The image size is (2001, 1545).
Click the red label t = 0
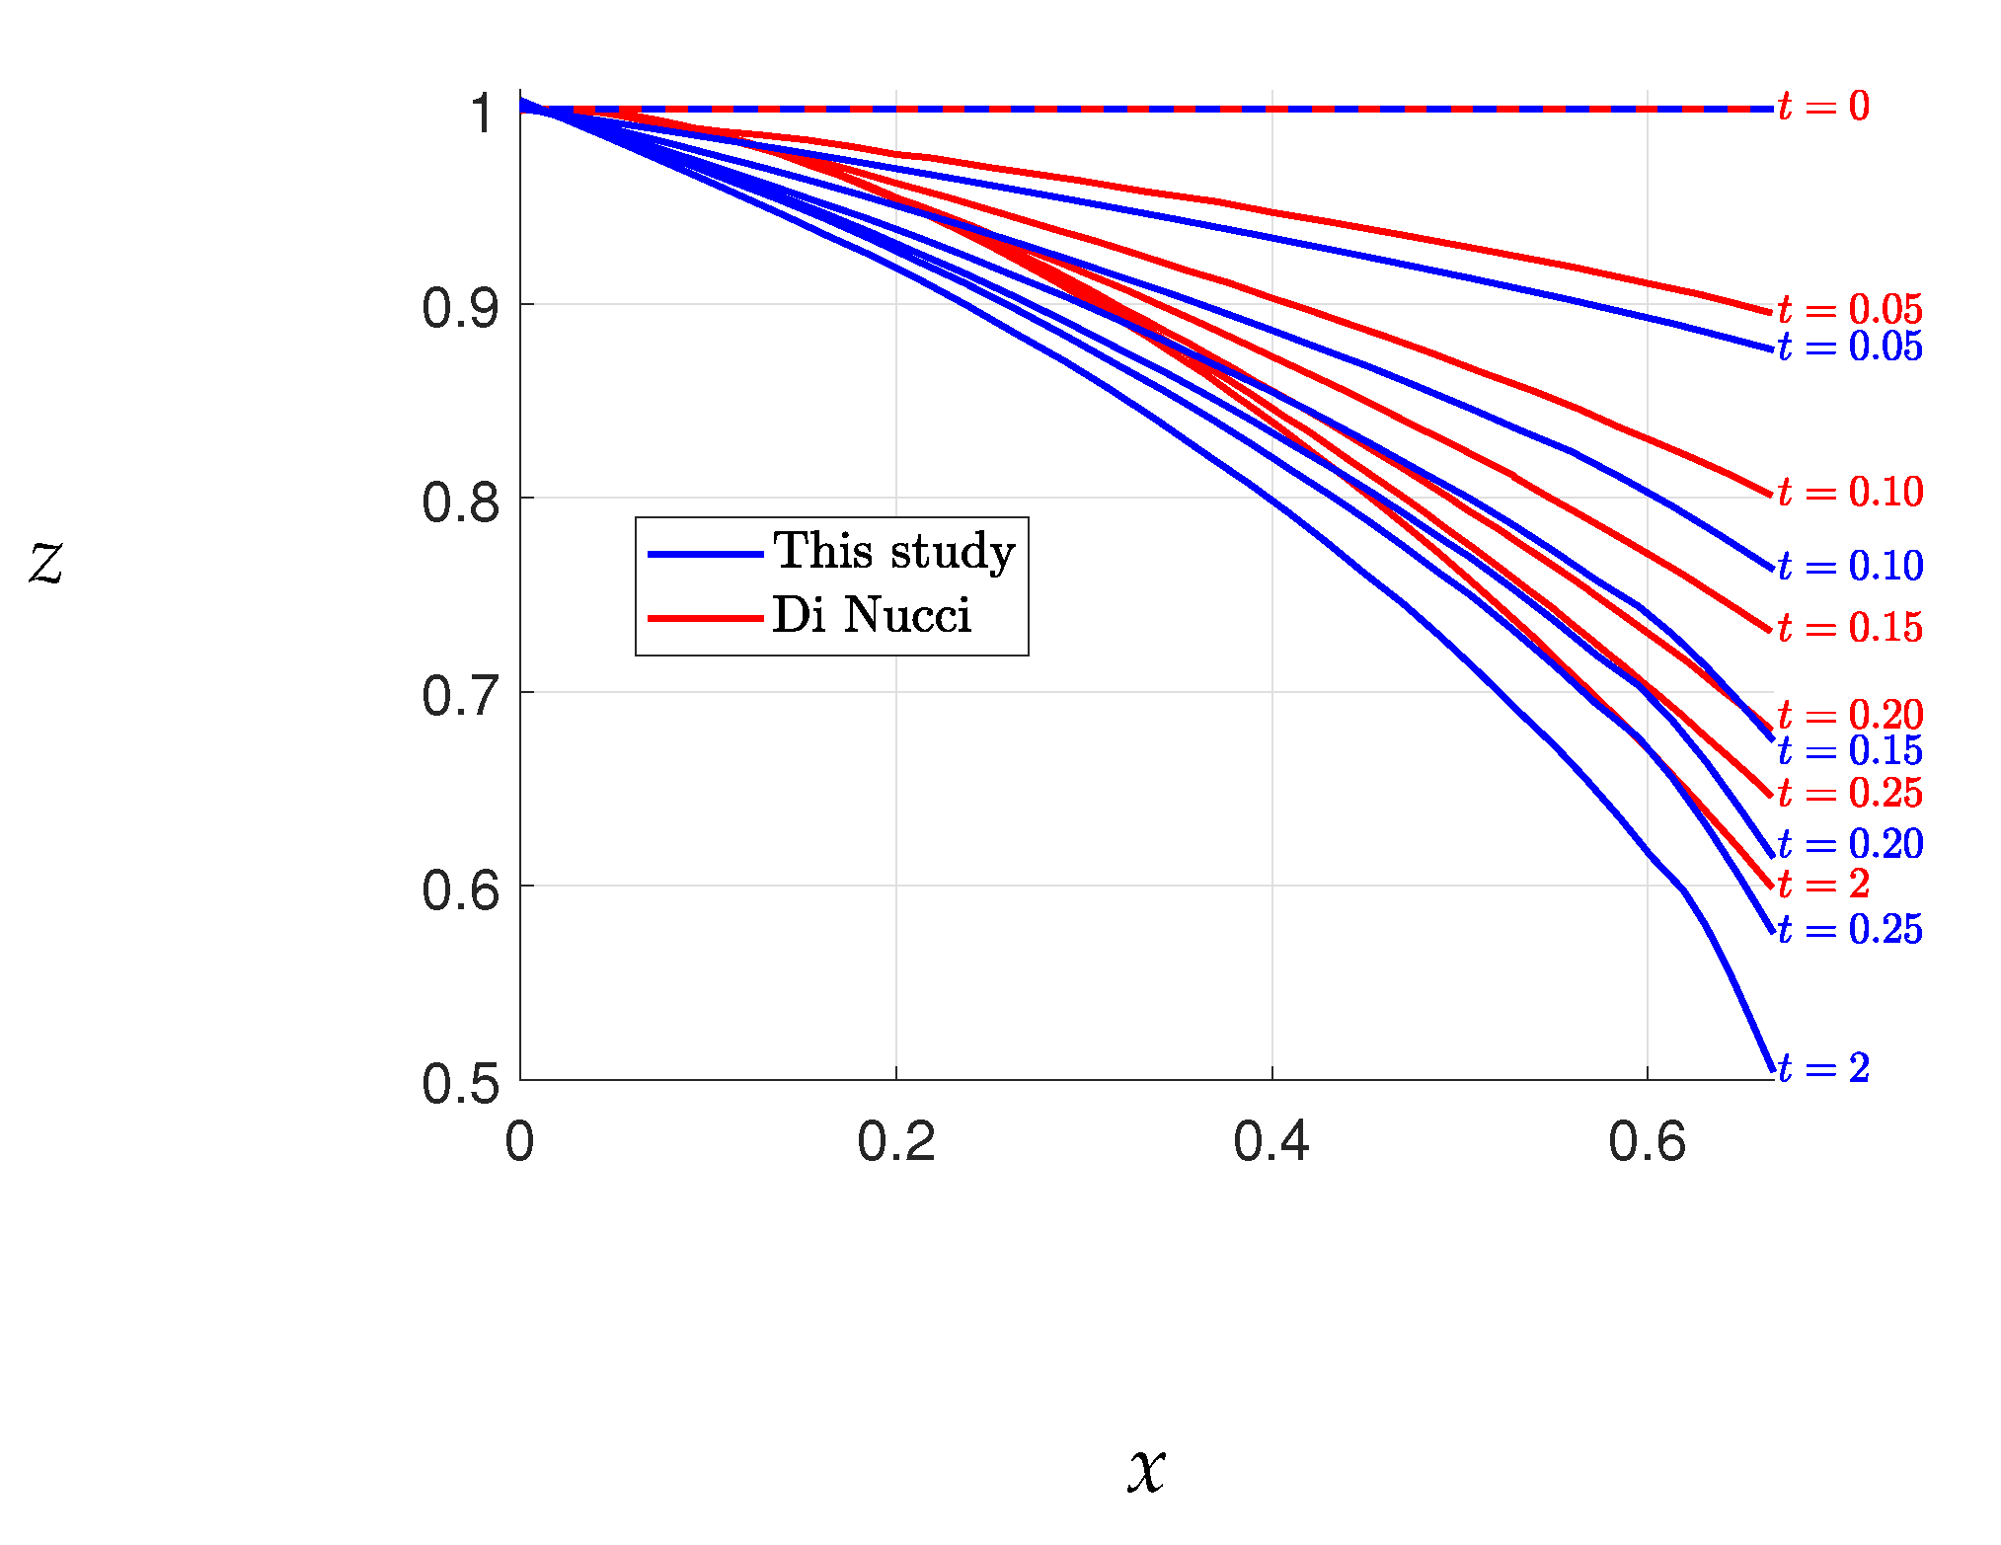pos(1823,106)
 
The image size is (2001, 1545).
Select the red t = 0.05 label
pos(1850,309)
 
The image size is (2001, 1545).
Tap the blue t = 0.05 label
pos(1850,347)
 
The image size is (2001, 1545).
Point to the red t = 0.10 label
pos(1850,491)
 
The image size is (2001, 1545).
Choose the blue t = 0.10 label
pos(1850,566)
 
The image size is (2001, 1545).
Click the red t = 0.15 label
pos(1850,627)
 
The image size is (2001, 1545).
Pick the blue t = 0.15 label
pos(1850,750)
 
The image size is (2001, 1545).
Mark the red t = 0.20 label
pos(1850,714)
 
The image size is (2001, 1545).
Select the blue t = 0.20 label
pos(1850,843)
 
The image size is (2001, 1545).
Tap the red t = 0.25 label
pos(1850,792)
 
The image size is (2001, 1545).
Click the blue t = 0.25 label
pos(1850,929)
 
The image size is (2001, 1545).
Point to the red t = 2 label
pos(1823,884)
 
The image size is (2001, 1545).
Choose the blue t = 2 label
pos(1823,1067)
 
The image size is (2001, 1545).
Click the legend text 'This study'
pos(893,551)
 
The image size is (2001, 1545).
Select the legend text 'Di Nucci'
pos(872,615)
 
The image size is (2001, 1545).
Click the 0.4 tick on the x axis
pos(1271,1142)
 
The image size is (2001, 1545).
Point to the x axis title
pos(1146,1468)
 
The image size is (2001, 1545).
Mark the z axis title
pos(45,563)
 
